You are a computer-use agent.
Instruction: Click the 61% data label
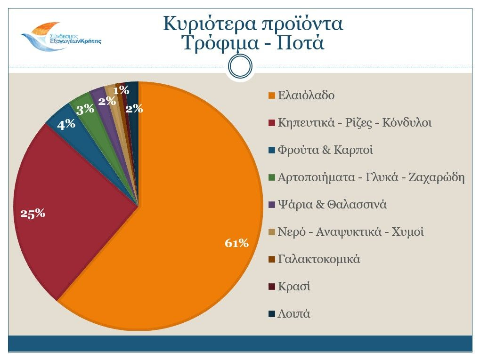tap(236, 243)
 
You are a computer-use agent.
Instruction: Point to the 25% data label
tap(33, 213)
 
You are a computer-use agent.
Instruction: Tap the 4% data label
tap(66, 124)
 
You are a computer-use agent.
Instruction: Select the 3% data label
tap(85, 110)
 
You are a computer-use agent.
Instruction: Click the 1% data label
tap(121, 89)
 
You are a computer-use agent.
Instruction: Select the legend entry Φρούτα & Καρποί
tap(325, 150)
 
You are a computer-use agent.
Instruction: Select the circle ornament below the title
tap(240, 67)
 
